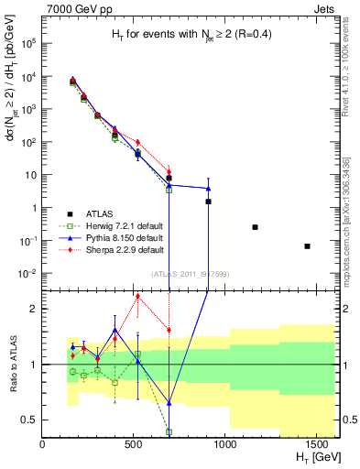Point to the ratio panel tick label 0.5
[x=29, y=420]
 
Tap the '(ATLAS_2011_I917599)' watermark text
[x=191, y=273]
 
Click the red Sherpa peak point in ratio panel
[x=137, y=295]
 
